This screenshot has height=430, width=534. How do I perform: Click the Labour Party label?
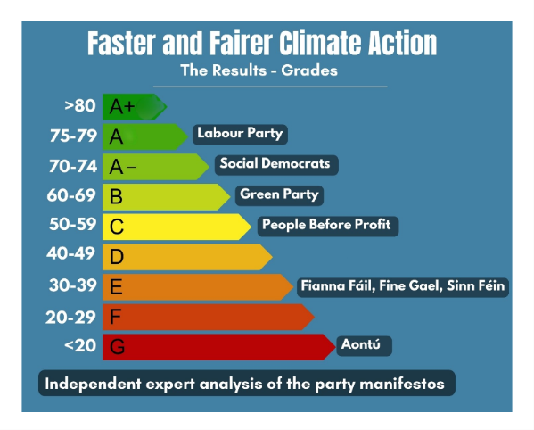click(240, 134)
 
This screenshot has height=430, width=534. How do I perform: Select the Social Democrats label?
click(275, 164)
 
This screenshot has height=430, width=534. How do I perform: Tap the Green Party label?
click(279, 194)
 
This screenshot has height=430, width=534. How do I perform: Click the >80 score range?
click(79, 107)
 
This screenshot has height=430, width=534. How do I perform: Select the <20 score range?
click(79, 345)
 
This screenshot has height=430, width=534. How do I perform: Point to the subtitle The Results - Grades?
click(259, 70)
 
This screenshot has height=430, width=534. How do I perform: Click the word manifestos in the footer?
click(400, 385)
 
